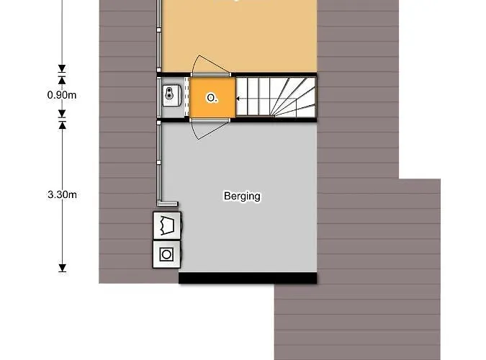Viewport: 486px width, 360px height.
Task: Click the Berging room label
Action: point(242,196)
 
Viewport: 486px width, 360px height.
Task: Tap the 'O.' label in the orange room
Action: point(212,98)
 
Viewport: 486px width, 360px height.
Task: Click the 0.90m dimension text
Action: point(62,94)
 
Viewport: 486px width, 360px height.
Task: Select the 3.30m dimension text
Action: point(62,194)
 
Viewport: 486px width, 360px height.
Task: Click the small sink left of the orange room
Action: point(171,94)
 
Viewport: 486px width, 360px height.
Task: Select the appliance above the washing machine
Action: point(167,225)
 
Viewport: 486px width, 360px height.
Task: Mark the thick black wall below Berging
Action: point(248,278)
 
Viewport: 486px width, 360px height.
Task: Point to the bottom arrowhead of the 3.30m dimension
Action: point(62,268)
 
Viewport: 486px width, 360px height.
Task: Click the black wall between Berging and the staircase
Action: point(274,120)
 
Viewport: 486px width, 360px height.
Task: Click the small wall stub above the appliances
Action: point(170,204)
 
